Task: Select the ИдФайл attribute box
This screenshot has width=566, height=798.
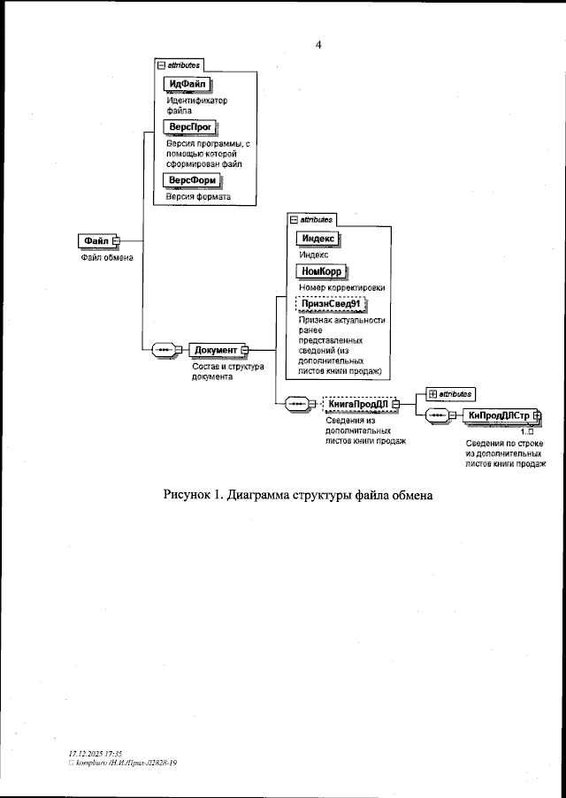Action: click(187, 85)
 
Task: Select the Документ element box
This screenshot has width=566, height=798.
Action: click(215, 350)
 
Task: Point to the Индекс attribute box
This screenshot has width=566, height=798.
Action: click(317, 239)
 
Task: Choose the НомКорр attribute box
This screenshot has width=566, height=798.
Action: click(321, 271)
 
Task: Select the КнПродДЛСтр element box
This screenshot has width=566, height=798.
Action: click(498, 416)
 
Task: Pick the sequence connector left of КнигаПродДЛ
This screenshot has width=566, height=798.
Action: click(296, 405)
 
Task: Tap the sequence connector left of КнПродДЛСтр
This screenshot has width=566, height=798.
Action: click(437, 416)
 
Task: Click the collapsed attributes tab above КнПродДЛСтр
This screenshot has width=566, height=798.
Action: click(451, 393)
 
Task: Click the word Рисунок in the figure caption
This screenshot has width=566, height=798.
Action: click(192, 494)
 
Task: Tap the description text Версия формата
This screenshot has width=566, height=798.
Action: click(198, 197)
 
